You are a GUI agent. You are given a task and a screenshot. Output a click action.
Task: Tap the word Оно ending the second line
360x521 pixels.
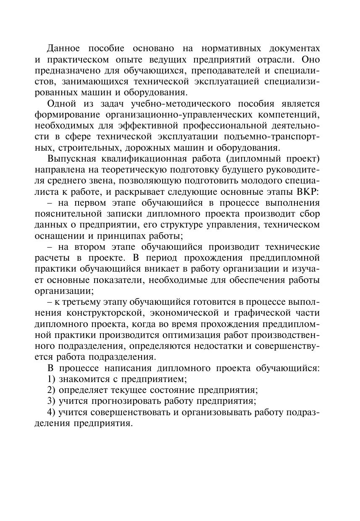click(311, 59)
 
